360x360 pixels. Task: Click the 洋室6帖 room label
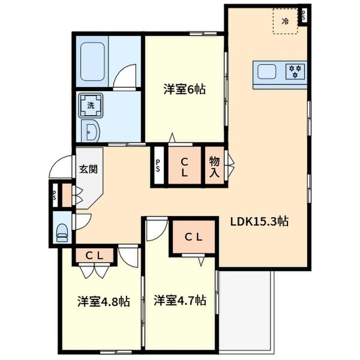coord(184,89)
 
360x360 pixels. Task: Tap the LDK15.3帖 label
coord(259,221)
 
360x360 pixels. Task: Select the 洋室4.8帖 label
coord(103,301)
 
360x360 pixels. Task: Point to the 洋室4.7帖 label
coord(179,300)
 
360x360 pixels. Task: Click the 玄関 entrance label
coord(88,168)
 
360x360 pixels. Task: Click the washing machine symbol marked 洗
coord(90,104)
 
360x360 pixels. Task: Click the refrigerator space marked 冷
coord(285,22)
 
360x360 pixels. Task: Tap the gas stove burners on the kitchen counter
coord(295,71)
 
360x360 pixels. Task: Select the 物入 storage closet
coord(214,166)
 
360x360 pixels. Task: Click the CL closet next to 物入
coord(184,166)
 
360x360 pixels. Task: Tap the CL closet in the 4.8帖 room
coord(94,255)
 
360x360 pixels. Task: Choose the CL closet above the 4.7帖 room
coord(194,237)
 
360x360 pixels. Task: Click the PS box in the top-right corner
coord(304,15)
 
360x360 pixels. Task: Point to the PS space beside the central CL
coord(158,166)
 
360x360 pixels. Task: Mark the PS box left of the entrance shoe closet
coord(55,196)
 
